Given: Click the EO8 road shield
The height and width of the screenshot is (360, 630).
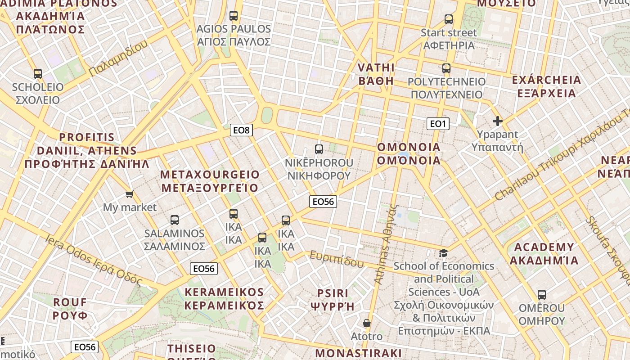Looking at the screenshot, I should tap(241, 130).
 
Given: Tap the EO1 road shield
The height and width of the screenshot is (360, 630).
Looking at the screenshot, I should tap(438, 124).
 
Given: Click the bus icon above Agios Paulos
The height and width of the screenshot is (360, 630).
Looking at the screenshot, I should tap(234, 16).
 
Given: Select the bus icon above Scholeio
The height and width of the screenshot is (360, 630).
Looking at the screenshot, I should tap(38, 74).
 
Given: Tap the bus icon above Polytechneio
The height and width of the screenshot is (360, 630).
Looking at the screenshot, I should tap(446, 68).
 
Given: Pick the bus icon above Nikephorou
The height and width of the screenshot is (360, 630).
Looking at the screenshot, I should tap(319, 149).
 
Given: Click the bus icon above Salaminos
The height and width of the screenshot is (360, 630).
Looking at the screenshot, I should tap(175, 220).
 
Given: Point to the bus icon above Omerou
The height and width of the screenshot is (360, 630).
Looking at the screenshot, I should tap(542, 295).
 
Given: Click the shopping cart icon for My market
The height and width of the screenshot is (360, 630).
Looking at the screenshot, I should tap(130, 194).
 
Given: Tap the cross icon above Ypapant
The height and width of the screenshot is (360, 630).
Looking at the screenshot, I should tap(497, 121).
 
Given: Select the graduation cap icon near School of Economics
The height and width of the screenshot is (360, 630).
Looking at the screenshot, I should tap(444, 253).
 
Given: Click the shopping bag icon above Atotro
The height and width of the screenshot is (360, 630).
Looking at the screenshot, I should tap(367, 323).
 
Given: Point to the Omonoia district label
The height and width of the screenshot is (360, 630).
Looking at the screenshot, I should tap(409, 154).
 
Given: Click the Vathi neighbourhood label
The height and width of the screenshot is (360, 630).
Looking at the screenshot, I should tap(376, 74).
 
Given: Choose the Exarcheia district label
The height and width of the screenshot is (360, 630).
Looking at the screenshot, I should tap(547, 87).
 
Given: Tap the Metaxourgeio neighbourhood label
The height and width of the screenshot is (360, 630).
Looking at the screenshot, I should tap(210, 181).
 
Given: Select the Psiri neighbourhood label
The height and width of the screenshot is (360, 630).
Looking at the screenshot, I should tap(333, 300).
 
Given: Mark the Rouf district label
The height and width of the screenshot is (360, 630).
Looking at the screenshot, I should tap(70, 308).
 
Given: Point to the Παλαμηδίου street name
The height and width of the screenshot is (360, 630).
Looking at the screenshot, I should tap(118, 58).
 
